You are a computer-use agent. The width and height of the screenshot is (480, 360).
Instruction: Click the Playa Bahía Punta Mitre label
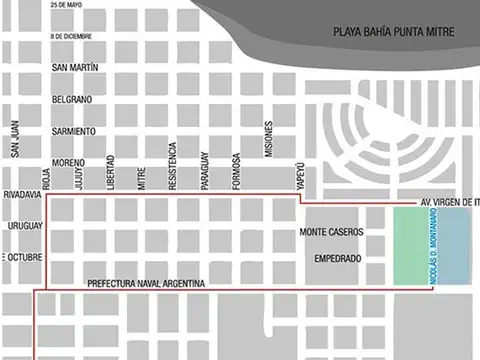394,33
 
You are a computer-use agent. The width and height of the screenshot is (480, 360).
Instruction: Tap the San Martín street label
74,68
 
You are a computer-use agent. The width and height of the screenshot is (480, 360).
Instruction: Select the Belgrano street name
72,100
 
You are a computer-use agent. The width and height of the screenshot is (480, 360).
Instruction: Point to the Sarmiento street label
74,131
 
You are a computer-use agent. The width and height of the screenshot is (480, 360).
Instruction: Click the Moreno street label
69,162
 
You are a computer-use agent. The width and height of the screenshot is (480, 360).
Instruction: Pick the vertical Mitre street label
141,177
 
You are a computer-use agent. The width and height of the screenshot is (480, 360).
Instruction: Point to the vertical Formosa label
237,170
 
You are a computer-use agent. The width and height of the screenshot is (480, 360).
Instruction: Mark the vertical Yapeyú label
299,172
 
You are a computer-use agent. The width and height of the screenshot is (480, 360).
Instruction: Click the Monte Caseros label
332,232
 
